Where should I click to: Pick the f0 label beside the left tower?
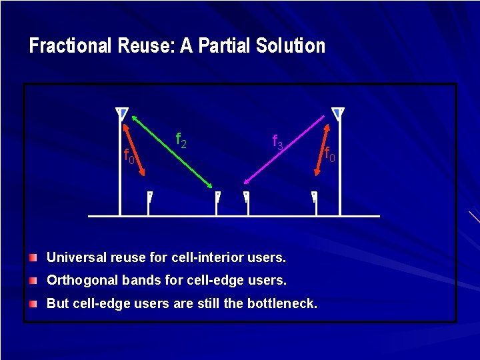129,157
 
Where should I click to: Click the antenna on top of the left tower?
121,113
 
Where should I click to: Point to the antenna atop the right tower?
339,113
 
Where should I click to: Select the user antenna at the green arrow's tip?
218,197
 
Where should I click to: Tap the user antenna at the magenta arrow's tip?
246,197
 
